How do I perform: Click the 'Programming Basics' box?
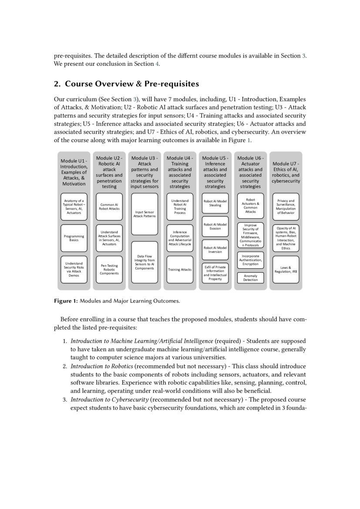[x=74, y=238]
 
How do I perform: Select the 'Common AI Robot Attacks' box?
[x=109, y=206]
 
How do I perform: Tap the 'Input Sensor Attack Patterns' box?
[x=145, y=214]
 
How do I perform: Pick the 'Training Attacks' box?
[x=180, y=270]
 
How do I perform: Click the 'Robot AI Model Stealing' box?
[x=215, y=203]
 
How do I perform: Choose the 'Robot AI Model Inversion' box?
[x=215, y=249]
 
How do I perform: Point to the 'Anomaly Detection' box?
[x=250, y=278]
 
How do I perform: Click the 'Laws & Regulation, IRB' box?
[x=286, y=270]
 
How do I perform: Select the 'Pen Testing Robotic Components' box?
[x=109, y=270]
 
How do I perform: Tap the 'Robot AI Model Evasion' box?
[x=215, y=226]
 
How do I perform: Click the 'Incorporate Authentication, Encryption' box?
[x=250, y=260]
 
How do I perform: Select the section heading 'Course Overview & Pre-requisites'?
[x=132, y=84]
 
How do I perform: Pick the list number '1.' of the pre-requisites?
[x=66, y=340]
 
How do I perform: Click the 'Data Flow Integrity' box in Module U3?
[x=145, y=263]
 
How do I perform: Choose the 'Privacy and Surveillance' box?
[x=286, y=206]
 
